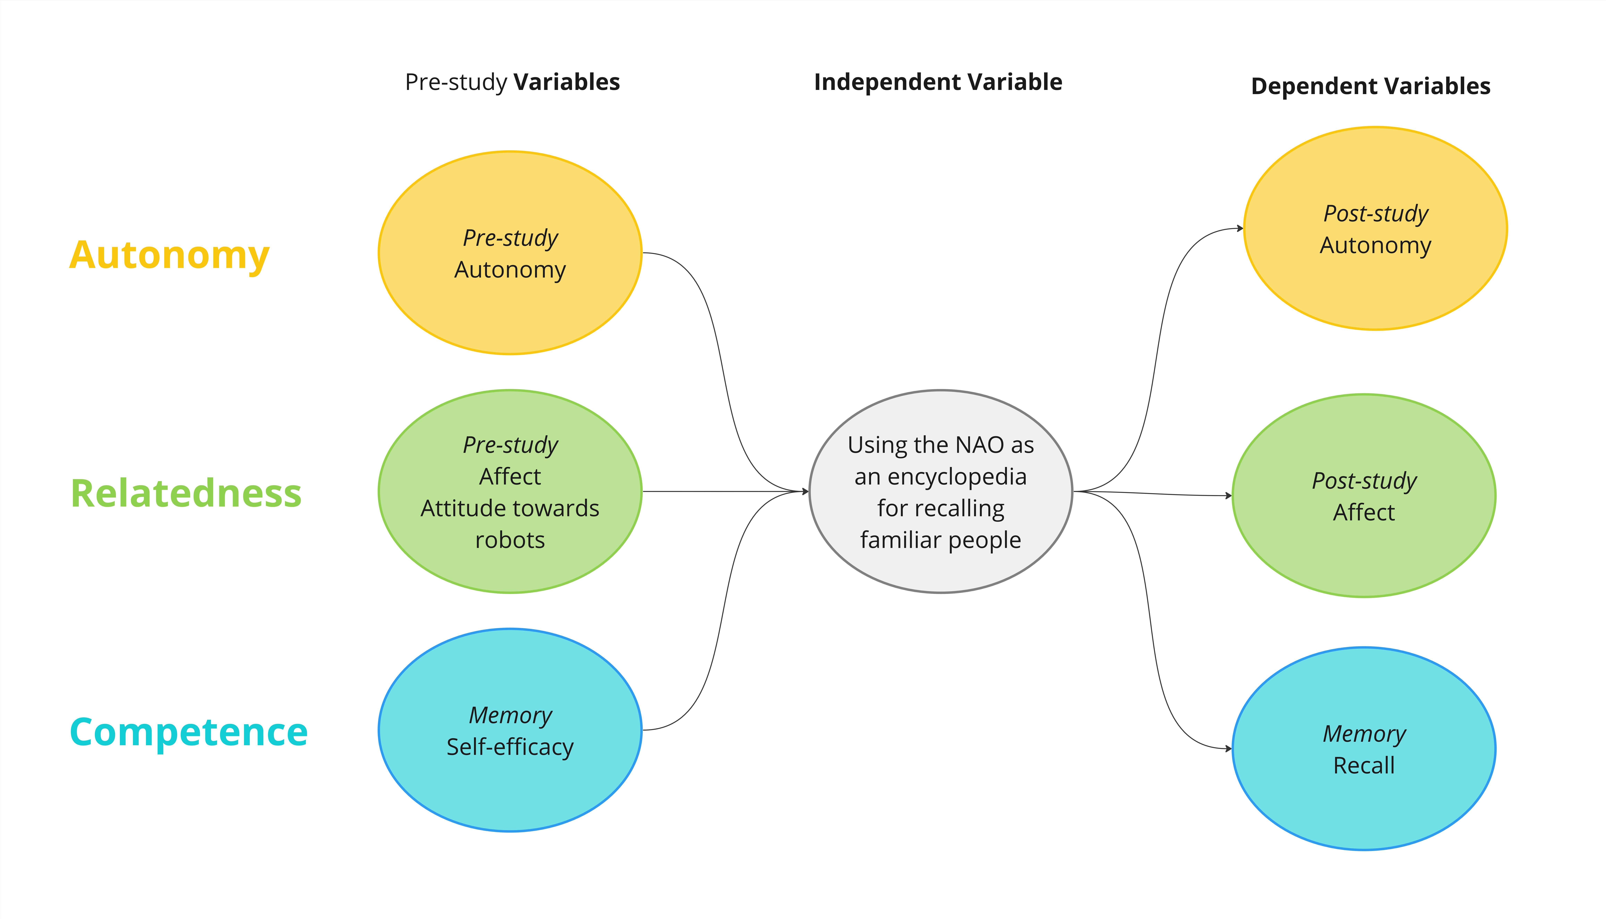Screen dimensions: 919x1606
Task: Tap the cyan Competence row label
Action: (189, 732)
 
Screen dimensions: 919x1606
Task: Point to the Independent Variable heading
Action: (938, 82)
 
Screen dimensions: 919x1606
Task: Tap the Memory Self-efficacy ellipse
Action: (510, 789)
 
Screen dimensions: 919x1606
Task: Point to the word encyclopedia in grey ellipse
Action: (940, 477)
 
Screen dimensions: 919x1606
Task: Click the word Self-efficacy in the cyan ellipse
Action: (510, 747)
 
